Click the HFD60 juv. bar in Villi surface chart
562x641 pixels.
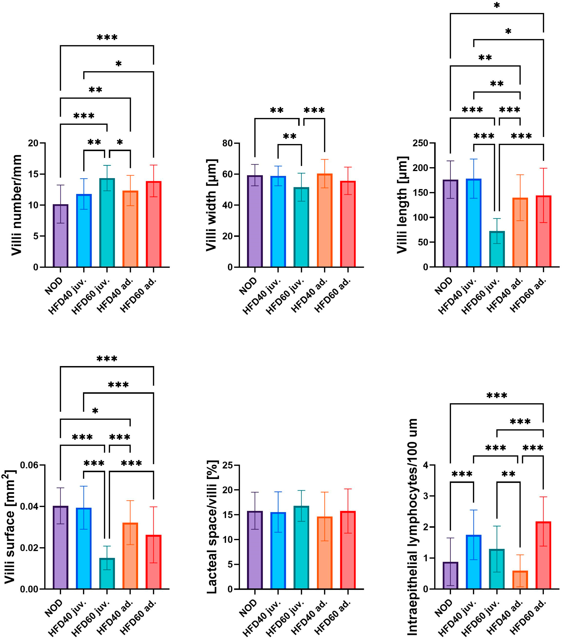pyautogui.click(x=107, y=574)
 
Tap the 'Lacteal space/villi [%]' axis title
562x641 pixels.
pyautogui.click(x=212, y=527)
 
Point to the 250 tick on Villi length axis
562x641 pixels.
pyautogui.click(x=420, y=143)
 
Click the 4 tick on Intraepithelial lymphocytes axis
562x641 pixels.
pyautogui.click(x=425, y=465)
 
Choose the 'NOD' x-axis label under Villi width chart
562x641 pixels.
pyautogui.click(x=248, y=286)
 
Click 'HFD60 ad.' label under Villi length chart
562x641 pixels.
pyautogui.click(x=528, y=295)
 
